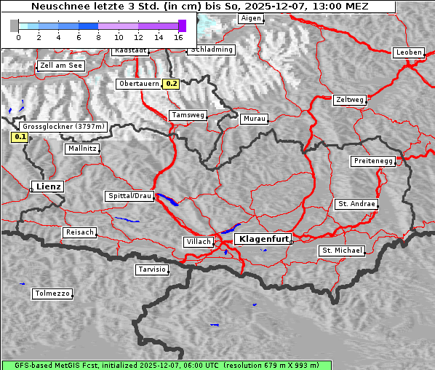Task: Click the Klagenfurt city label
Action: click(264, 238)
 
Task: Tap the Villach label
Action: click(198, 242)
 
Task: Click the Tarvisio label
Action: click(152, 269)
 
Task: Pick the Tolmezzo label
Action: click(52, 294)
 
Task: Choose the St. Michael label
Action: click(342, 251)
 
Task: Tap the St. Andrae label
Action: click(356, 204)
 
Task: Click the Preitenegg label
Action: click(373, 161)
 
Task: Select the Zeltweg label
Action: click(350, 100)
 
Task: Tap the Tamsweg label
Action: click(188, 115)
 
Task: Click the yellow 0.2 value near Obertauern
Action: click(171, 84)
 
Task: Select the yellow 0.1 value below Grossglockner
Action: click(20, 136)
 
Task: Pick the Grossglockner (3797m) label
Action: click(64, 126)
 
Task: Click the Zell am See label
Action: click(61, 66)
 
